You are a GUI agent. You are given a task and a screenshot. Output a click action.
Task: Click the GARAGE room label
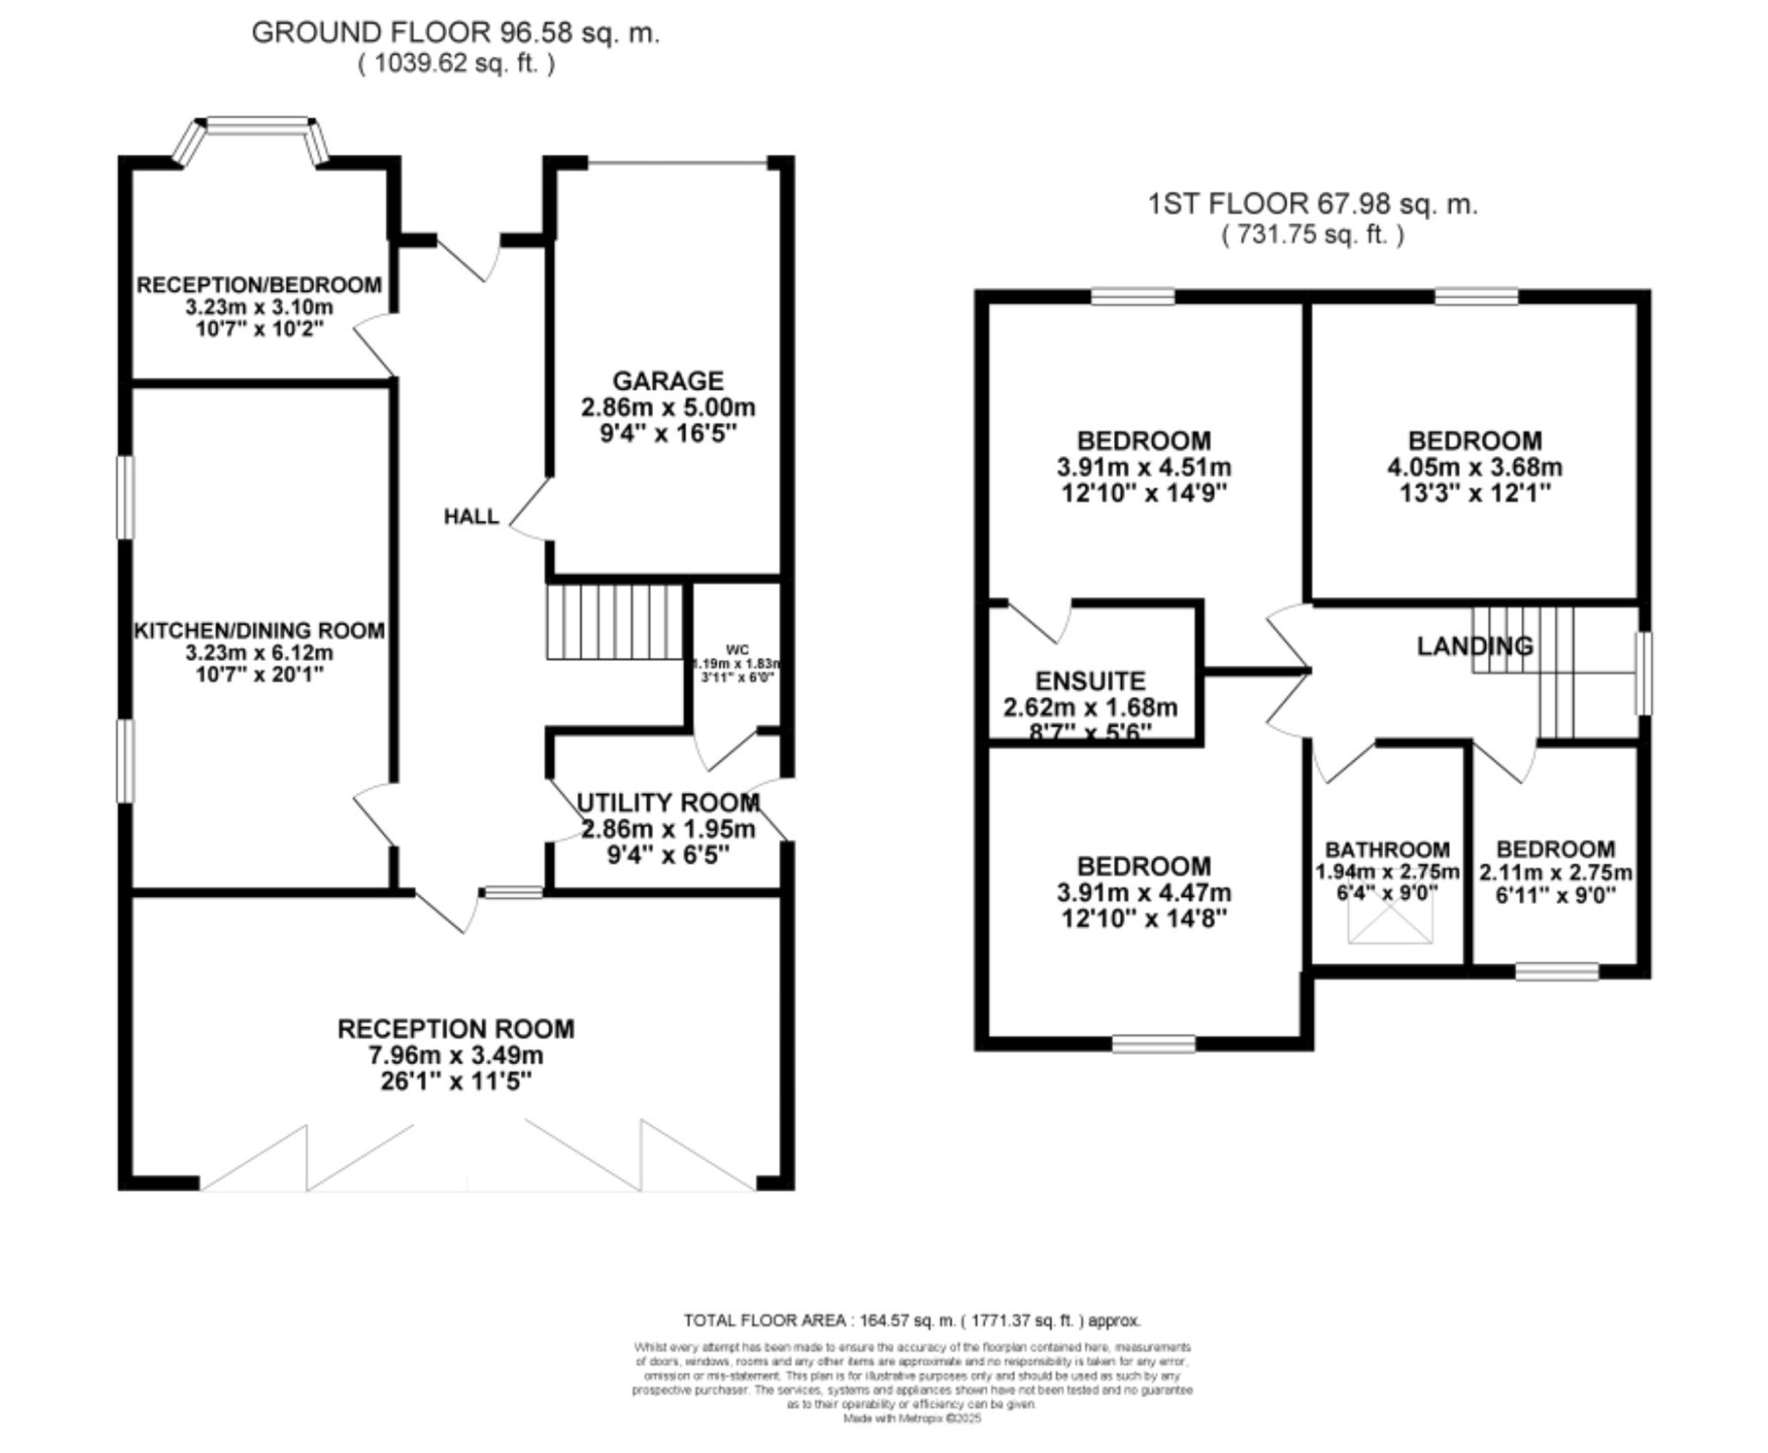(x=667, y=381)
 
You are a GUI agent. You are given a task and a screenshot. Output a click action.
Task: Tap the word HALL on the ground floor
(x=471, y=516)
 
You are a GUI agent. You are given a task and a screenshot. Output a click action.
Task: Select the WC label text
(x=737, y=650)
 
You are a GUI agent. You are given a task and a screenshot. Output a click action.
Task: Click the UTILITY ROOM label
(x=667, y=803)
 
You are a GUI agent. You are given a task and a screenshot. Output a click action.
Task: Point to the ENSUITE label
(x=1090, y=681)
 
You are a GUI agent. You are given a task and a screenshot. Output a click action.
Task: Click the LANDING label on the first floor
(x=1475, y=646)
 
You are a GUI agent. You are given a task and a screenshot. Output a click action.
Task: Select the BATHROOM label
(x=1387, y=849)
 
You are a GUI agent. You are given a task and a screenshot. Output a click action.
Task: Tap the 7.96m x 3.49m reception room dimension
(x=455, y=1055)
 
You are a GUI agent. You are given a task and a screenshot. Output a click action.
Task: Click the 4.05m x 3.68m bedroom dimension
(x=1475, y=467)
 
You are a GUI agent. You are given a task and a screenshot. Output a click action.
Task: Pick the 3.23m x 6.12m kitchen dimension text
(x=259, y=653)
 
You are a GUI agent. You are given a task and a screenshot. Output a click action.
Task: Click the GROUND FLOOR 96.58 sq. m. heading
(x=455, y=33)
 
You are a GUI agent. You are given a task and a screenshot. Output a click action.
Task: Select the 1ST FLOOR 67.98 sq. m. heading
(x=1312, y=204)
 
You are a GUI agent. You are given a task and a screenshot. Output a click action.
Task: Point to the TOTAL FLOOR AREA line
(x=911, y=1320)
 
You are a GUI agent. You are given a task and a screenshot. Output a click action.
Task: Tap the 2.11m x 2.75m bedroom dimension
(x=1555, y=872)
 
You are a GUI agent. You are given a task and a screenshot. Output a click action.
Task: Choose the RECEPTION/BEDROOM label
(x=259, y=285)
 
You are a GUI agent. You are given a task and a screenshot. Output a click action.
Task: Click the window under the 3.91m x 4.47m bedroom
(x=1153, y=1044)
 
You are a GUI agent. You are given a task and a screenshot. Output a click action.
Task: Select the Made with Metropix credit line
(x=911, y=1419)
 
